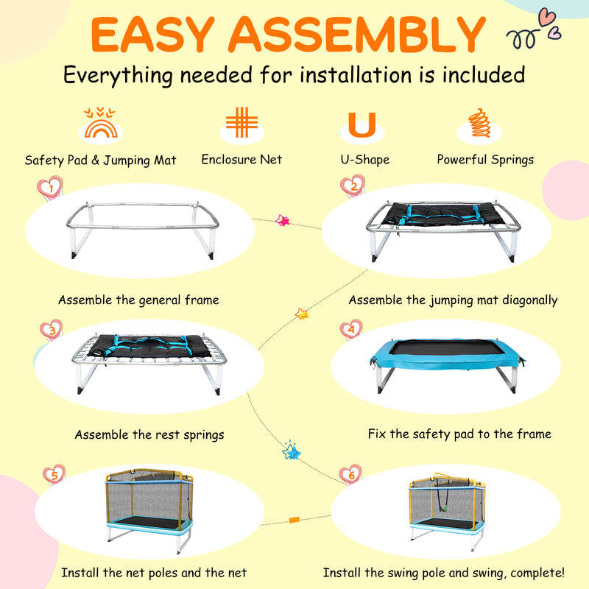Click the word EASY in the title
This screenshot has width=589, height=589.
152,34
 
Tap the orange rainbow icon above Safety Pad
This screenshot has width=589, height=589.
100,123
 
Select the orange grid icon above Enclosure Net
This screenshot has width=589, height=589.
242,122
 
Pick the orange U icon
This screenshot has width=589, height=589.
361,124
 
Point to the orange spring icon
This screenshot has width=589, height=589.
480,123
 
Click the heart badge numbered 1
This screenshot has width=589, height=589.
50,188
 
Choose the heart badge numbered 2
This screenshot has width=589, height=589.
353,186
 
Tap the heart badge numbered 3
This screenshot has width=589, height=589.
52,330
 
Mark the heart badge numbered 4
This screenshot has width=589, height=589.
351,329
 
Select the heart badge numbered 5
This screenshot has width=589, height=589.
54,474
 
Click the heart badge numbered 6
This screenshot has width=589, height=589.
351,474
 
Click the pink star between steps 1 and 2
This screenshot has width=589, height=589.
283,220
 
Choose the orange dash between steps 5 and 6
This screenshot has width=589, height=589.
294,520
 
